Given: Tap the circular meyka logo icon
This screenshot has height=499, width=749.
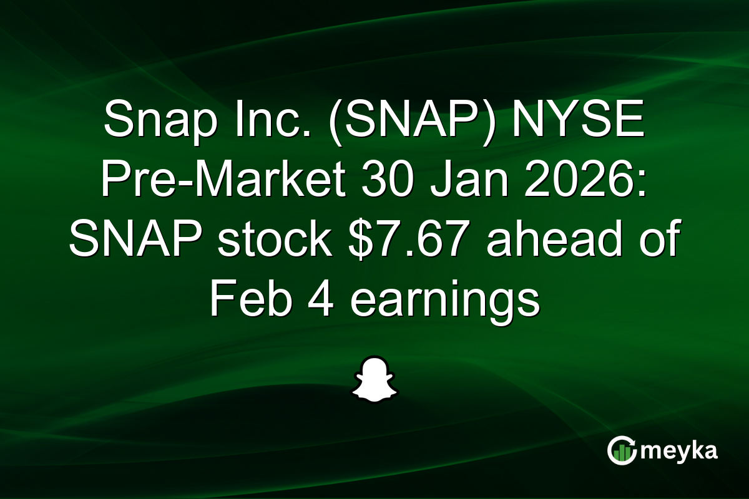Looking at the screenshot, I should tap(622, 451).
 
